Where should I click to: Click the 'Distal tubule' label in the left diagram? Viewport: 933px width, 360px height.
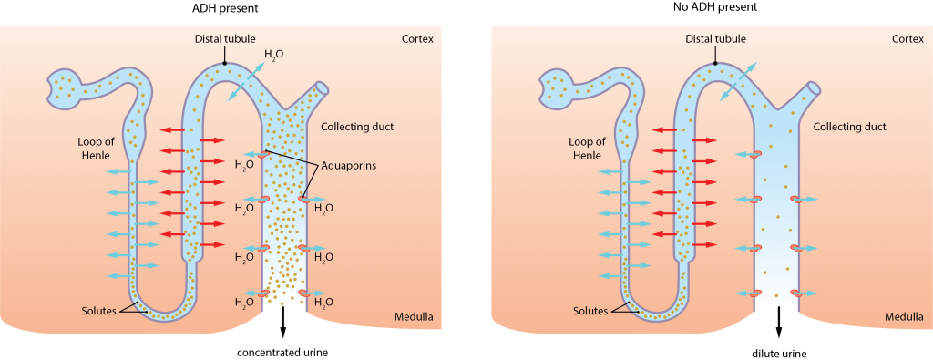224,39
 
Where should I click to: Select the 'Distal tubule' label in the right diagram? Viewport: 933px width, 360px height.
715,39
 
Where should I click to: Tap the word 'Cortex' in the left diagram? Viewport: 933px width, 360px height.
417,39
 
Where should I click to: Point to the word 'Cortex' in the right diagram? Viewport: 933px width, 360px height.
907,39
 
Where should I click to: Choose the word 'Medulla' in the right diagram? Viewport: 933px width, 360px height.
904,317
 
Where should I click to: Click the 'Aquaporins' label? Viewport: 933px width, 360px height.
349,166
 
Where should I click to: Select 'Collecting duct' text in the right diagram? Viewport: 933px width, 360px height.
849,127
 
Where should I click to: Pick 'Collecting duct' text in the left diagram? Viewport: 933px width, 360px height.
357,127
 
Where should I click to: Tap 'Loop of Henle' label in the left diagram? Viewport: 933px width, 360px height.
96,149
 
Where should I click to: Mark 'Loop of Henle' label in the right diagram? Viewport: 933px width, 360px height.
587,149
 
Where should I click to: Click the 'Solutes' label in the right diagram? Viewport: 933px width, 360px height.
590,311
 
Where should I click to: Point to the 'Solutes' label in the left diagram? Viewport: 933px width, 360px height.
98,311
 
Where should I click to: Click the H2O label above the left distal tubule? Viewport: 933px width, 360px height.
273,55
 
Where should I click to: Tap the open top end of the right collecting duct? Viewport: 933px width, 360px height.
814,88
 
